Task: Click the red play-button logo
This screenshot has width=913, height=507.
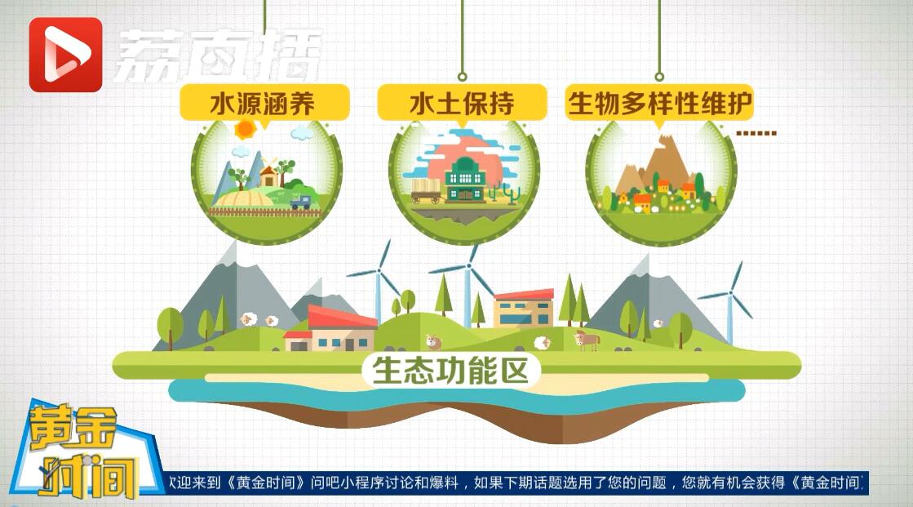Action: (x=66, y=55)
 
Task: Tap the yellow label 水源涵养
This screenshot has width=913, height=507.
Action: (x=264, y=103)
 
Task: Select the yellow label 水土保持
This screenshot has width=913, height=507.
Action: (x=463, y=103)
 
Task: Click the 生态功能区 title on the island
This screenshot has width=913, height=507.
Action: (x=450, y=371)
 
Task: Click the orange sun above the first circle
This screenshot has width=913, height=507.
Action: (x=245, y=129)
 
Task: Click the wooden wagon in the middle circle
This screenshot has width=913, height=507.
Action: (x=427, y=190)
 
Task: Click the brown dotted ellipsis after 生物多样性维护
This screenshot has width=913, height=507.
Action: (x=756, y=133)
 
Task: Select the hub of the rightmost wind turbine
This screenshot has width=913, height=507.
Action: (x=729, y=294)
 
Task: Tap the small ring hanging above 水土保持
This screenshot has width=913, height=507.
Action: (x=463, y=77)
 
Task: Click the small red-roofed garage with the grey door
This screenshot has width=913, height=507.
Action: (x=298, y=341)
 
